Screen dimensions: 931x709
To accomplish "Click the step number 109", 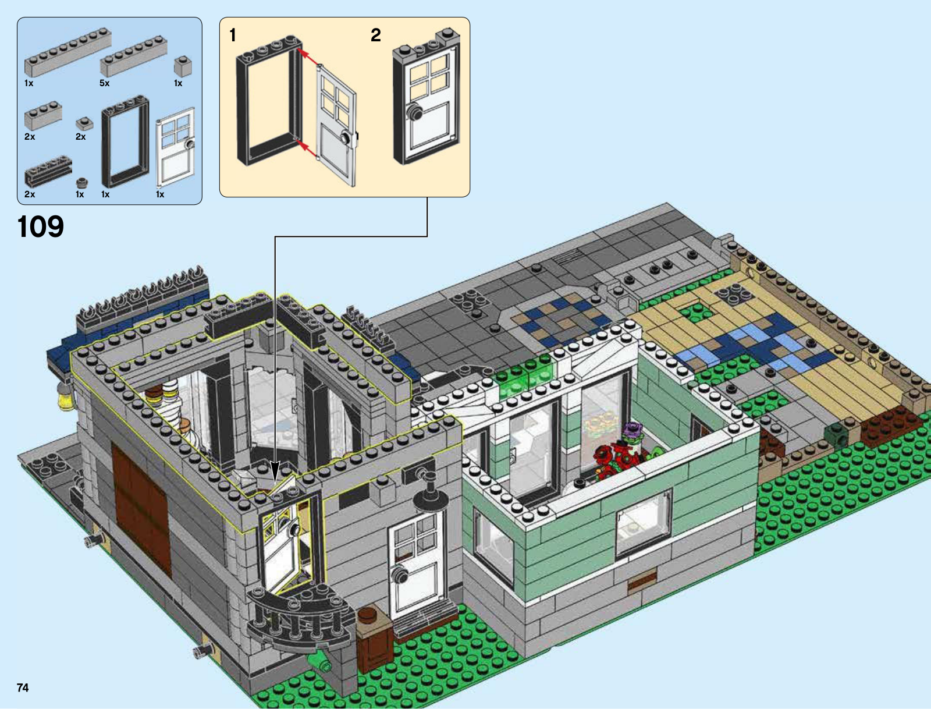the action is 41,226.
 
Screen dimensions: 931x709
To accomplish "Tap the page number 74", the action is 23,687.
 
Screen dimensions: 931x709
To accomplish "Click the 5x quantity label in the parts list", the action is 104,83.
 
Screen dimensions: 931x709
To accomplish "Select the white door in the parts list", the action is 176,147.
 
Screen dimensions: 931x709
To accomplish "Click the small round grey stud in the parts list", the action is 82,183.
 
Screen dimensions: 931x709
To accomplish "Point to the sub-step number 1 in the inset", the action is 232,35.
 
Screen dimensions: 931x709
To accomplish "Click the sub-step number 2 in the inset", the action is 376,35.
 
